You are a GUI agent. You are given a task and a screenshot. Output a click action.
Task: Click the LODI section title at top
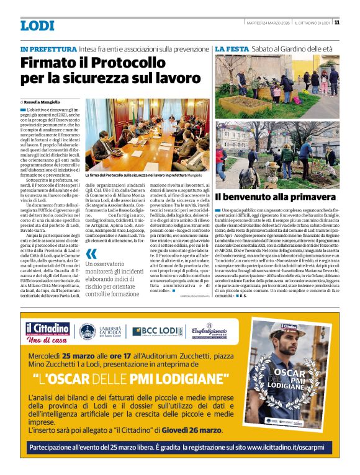pos(38,25)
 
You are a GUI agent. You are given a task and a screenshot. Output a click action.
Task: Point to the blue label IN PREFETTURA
pos(49,48)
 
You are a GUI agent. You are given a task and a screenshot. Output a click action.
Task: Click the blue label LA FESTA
pos(232,48)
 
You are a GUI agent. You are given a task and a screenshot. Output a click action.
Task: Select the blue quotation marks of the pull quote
pos(91,254)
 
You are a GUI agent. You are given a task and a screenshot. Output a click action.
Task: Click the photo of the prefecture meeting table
pos(148,131)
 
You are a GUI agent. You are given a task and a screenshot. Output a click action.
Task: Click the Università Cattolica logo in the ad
pos(99,332)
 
